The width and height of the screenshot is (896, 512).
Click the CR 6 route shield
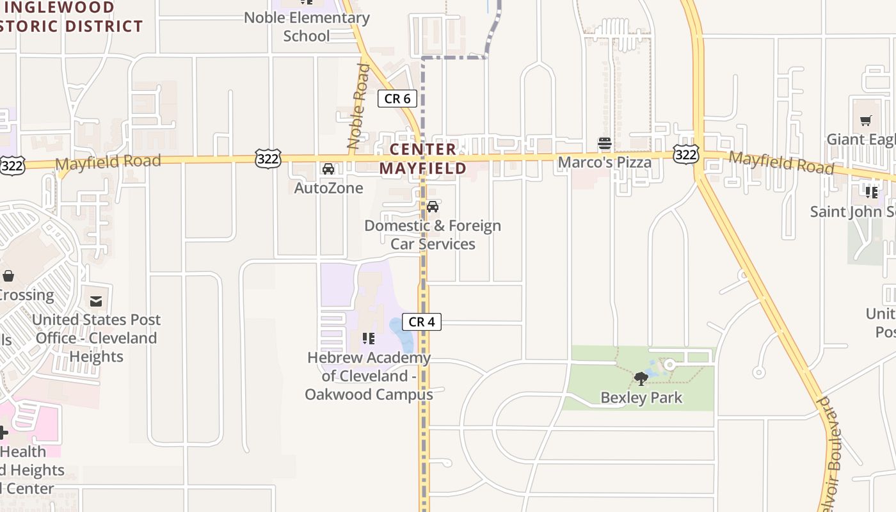pyautogui.click(x=397, y=99)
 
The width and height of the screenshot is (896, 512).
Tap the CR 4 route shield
pyautogui.click(x=422, y=322)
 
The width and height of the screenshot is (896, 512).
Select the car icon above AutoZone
pyautogui.click(x=328, y=169)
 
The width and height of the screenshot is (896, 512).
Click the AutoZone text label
pyautogui.click(x=328, y=188)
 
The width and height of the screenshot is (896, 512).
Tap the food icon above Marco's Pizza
pyautogui.click(x=605, y=144)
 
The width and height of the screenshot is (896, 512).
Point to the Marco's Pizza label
pyautogui.click(x=605, y=163)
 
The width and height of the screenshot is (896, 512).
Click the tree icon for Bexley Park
pyautogui.click(x=641, y=379)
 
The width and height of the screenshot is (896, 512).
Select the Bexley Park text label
pyautogui.click(x=641, y=397)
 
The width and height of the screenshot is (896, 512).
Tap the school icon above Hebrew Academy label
pyautogui.click(x=368, y=338)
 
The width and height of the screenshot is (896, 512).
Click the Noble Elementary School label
pyautogui.click(x=307, y=27)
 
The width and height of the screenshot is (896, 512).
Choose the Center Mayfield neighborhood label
pyautogui.click(x=423, y=159)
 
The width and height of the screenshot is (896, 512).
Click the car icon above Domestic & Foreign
pyautogui.click(x=433, y=207)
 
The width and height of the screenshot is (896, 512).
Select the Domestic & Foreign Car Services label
pyautogui.click(x=433, y=235)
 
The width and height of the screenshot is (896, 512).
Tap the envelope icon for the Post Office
pyautogui.click(x=96, y=301)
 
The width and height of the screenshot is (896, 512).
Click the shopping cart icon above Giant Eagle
pyautogui.click(x=866, y=120)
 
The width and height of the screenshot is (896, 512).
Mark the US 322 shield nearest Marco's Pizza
pyautogui.click(x=685, y=154)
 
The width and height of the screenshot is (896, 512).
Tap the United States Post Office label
pyautogui.click(x=96, y=338)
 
